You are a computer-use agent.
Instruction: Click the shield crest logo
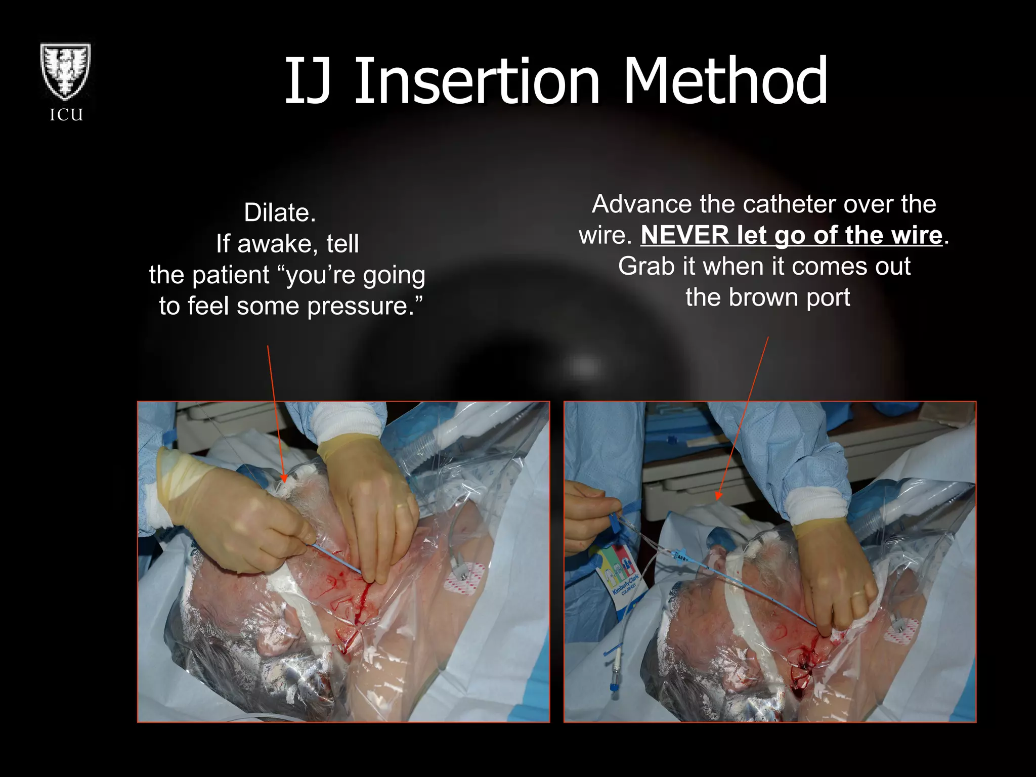pos(66,72)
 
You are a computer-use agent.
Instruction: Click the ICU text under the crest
pos(66,115)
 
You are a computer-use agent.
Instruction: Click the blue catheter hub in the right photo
pos(680,554)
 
